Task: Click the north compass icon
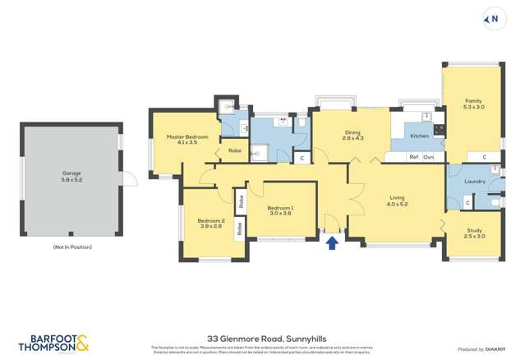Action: click(x=493, y=19)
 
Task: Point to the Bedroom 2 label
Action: click(x=210, y=223)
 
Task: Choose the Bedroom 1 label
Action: click(x=280, y=211)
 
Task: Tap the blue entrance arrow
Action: click(x=332, y=242)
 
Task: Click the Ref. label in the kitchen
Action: click(x=414, y=156)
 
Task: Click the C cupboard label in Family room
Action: click(x=484, y=156)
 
